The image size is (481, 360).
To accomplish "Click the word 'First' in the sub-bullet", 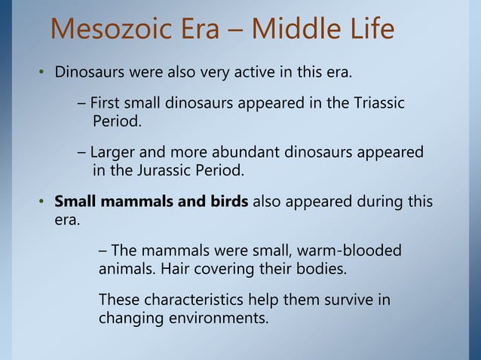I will [108, 102].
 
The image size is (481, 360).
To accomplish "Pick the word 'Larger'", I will [114, 153].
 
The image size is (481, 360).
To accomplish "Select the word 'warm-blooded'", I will [351, 250].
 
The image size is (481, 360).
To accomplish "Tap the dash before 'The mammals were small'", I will [103, 250].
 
